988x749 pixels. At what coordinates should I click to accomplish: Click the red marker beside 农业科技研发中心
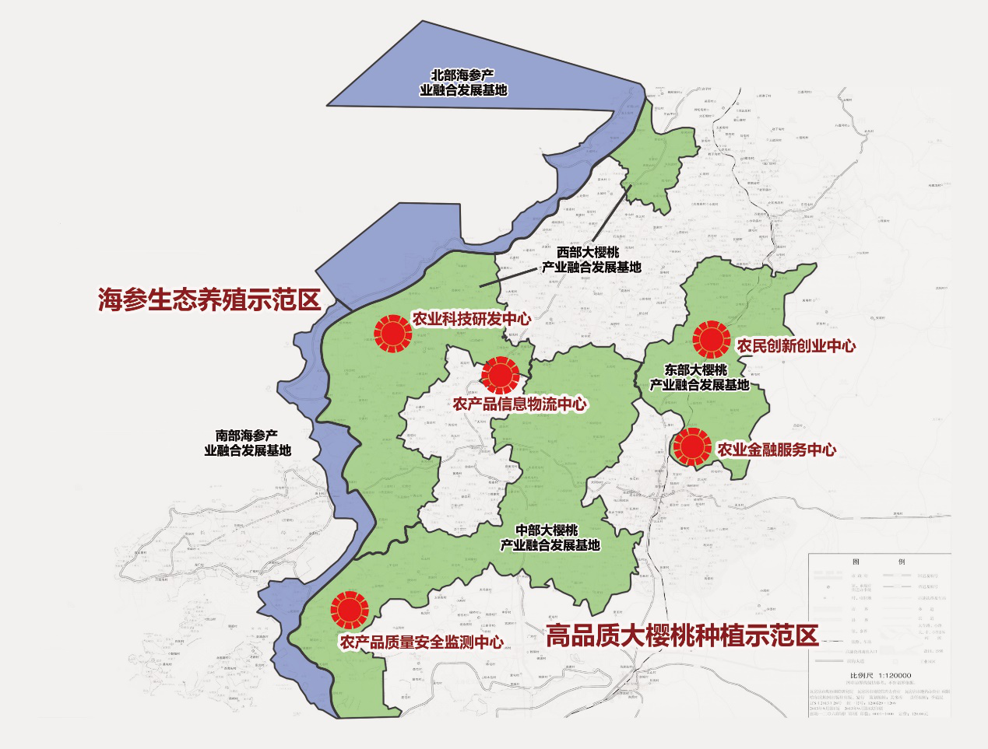(392, 334)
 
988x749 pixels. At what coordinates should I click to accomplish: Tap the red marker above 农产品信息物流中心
(500, 376)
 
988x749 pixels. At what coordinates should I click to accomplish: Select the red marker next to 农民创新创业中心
(711, 339)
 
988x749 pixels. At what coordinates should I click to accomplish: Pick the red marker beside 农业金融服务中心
(692, 447)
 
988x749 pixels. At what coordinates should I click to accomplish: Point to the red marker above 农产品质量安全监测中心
(350, 610)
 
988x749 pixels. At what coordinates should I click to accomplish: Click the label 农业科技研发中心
(472, 319)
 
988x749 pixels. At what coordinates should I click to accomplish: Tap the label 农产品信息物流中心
(520, 404)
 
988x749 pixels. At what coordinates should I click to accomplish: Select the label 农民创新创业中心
(796, 346)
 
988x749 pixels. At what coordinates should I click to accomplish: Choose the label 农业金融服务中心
(777, 450)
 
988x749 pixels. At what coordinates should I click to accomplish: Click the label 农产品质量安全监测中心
(421, 642)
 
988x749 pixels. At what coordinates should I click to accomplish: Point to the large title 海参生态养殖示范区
(209, 299)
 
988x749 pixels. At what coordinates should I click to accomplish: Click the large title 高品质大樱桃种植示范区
(682, 635)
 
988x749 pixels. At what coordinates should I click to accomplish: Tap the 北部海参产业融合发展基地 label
(463, 82)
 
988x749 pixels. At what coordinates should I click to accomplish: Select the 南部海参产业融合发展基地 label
(248, 443)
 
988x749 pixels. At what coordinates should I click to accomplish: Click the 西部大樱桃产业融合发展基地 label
(592, 260)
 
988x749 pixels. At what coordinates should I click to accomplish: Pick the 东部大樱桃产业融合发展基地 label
(699, 377)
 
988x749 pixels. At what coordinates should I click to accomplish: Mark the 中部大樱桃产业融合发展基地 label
(550, 537)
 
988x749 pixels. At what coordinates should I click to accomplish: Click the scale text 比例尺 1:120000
(880, 676)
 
